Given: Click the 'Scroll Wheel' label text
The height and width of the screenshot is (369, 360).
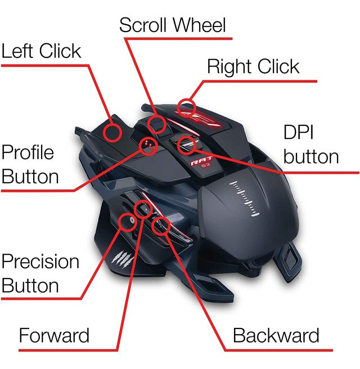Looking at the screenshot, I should (172, 25).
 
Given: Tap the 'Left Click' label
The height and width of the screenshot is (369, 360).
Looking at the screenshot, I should (41, 51).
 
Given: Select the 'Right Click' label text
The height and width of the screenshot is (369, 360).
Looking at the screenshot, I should (253, 66).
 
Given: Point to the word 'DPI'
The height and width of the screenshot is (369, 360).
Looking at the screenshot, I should (298, 132).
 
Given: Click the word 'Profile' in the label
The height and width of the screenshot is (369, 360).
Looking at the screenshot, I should (28, 152).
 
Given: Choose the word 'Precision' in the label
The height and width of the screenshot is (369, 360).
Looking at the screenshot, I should (40, 262).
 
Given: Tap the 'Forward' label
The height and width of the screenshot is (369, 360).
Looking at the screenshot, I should (54, 336).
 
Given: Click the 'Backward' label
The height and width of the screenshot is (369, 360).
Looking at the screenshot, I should (276, 336).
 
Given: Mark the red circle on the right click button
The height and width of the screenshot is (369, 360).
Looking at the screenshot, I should (187, 106).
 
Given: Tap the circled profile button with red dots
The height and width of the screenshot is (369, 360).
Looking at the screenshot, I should (148, 145).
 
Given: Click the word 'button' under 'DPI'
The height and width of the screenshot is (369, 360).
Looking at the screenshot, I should (311, 156).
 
